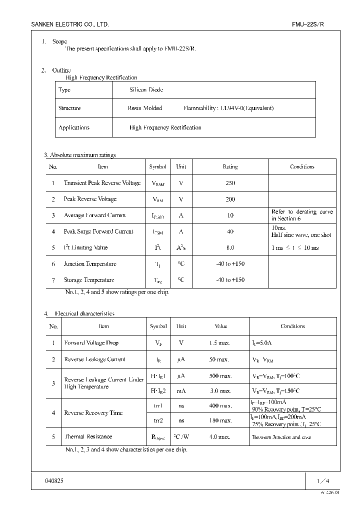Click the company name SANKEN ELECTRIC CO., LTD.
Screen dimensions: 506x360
click(70, 24)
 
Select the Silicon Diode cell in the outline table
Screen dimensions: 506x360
click(146, 90)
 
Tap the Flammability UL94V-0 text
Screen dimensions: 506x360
click(228, 108)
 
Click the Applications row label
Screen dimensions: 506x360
click(74, 127)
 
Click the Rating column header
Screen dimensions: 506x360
click(230, 166)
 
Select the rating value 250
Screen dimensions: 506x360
click(230, 183)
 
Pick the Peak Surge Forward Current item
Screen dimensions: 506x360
click(98, 231)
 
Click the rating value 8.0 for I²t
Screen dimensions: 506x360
click(230, 247)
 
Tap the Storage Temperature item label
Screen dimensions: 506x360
click(89, 280)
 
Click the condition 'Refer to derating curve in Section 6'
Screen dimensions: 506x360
click(302, 215)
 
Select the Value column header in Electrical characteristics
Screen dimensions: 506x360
click(221, 326)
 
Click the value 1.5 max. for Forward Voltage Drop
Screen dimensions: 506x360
click(219, 343)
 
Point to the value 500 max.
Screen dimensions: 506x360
click(220, 375)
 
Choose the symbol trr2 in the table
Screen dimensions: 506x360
click(157, 421)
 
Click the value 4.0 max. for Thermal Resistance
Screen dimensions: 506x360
click(219, 436)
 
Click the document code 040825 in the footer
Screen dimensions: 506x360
click(54, 480)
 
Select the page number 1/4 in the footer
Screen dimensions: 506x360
click(322, 481)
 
